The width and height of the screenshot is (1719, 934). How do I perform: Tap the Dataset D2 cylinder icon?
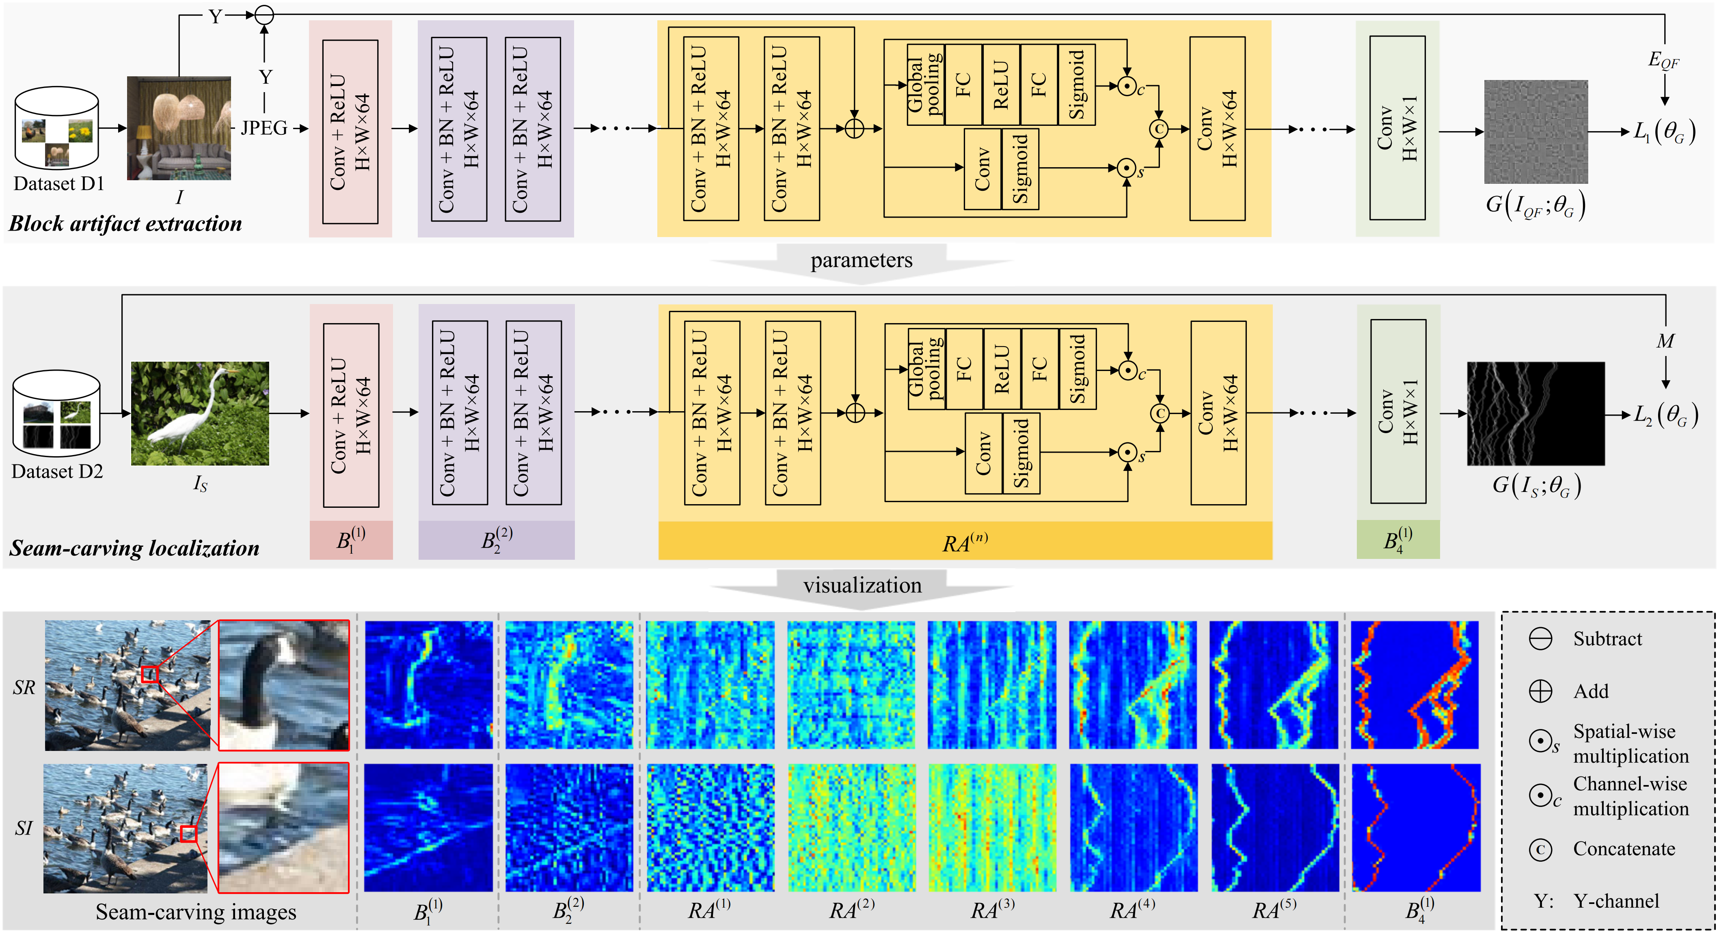point(57,414)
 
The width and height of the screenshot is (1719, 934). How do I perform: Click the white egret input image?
point(200,414)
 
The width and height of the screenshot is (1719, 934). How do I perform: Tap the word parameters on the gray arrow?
point(861,260)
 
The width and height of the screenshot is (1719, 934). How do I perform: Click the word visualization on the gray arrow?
point(862,586)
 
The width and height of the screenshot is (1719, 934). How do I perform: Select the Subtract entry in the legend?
point(1607,639)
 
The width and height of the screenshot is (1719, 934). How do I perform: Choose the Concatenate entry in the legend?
point(1624,849)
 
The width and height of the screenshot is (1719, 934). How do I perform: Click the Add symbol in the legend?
point(1540,691)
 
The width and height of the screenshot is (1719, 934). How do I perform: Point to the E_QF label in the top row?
point(1664,60)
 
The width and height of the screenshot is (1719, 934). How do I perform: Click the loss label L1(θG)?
point(1664,132)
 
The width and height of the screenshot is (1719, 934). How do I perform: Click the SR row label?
point(24,687)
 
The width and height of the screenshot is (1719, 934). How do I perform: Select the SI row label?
point(24,828)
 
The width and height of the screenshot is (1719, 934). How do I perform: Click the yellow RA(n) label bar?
point(965,542)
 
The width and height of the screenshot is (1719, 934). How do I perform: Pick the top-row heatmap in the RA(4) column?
point(1132,685)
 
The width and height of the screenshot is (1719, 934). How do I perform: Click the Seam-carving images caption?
point(196,912)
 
